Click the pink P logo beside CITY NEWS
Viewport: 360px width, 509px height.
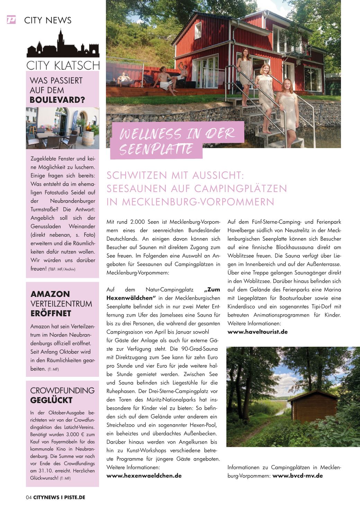(x=11, y=20)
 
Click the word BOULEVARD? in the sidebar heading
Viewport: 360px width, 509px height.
(x=57, y=100)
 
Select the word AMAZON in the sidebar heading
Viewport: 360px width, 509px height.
(x=50, y=294)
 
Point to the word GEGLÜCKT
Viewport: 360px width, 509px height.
(x=51, y=400)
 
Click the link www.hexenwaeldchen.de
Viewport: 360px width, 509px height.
(x=144, y=475)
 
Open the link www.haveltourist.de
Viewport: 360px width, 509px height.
(x=258, y=332)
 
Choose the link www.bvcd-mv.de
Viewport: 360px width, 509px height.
(x=297, y=475)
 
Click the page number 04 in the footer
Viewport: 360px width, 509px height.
(x=29, y=498)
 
